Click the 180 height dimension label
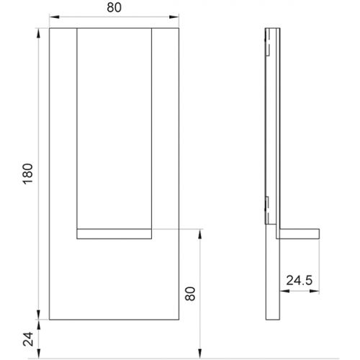pos(28,174)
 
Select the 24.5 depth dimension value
pos(300,280)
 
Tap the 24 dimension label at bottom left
pos(28,339)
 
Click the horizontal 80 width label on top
pos(114,7)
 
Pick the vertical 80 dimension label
pos(190,294)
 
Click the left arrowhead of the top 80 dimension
pos(54,17)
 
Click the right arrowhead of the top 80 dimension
pos(174,17)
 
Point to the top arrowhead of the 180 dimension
pos(38,33)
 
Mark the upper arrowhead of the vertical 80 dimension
pos(200,234)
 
